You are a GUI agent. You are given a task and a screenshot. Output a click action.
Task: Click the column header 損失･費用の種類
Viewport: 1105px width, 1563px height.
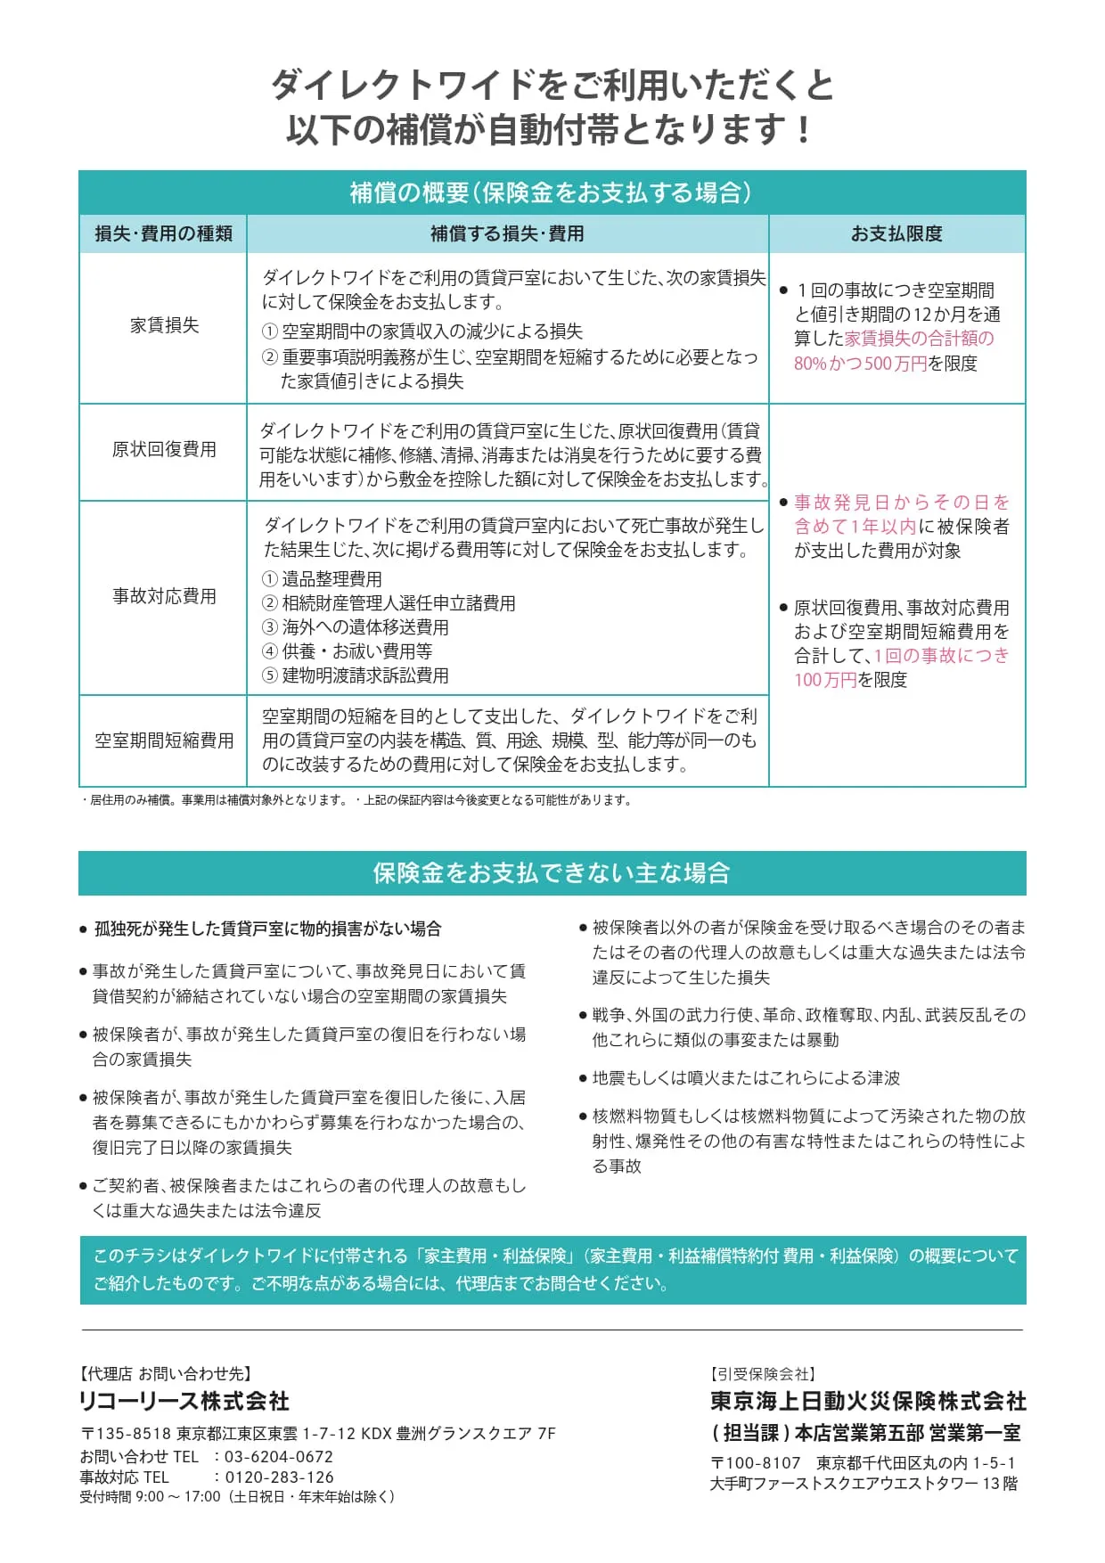(x=163, y=233)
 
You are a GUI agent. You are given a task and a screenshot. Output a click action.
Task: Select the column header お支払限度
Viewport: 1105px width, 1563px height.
(x=896, y=233)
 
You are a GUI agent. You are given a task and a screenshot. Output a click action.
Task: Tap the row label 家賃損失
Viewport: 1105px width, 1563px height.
(x=164, y=326)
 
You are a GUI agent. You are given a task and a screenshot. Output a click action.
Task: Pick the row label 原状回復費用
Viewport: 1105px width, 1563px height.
(x=164, y=449)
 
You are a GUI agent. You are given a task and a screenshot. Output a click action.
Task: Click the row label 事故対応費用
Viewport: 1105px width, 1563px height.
(x=164, y=596)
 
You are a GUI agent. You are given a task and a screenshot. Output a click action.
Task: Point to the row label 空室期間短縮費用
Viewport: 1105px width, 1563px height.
(x=164, y=741)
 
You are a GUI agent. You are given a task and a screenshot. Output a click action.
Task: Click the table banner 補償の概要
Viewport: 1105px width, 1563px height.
(x=552, y=192)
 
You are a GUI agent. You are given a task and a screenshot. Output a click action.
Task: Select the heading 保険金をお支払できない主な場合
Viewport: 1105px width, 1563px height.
(x=552, y=872)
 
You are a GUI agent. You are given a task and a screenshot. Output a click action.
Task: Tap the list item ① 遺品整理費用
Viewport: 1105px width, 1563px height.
(x=322, y=579)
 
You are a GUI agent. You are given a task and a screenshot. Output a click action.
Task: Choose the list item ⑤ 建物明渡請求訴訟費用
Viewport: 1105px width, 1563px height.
(x=355, y=675)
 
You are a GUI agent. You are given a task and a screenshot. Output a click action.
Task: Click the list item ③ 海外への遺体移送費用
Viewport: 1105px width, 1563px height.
(x=355, y=627)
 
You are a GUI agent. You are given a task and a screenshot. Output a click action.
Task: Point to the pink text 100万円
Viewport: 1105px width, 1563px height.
(x=825, y=680)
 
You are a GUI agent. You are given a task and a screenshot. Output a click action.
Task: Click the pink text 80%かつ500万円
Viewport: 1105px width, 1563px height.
(x=860, y=364)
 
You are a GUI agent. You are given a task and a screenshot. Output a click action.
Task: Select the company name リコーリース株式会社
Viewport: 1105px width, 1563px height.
(x=184, y=1402)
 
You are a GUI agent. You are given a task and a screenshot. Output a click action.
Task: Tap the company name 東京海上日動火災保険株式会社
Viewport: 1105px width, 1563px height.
(x=868, y=1402)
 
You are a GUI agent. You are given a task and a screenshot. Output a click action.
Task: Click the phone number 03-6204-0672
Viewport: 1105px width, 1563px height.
(x=278, y=1457)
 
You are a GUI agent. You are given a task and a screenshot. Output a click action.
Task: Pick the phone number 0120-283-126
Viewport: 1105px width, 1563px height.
(x=278, y=1477)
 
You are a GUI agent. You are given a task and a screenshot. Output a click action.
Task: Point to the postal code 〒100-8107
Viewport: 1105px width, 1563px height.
(x=755, y=1462)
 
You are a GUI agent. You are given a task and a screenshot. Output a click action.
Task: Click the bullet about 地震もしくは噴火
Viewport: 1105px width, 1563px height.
(x=746, y=1078)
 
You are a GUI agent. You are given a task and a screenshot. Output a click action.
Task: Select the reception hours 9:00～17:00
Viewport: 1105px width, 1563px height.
(x=177, y=1497)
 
